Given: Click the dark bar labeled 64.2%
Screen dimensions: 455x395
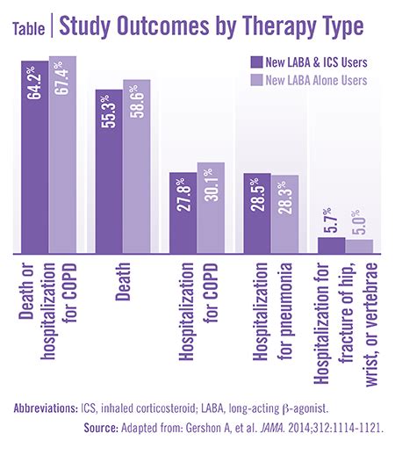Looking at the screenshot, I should click(34, 158).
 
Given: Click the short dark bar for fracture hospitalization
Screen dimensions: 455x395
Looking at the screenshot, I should click(332, 245).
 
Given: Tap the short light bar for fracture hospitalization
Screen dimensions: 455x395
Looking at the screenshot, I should click(360, 246).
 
